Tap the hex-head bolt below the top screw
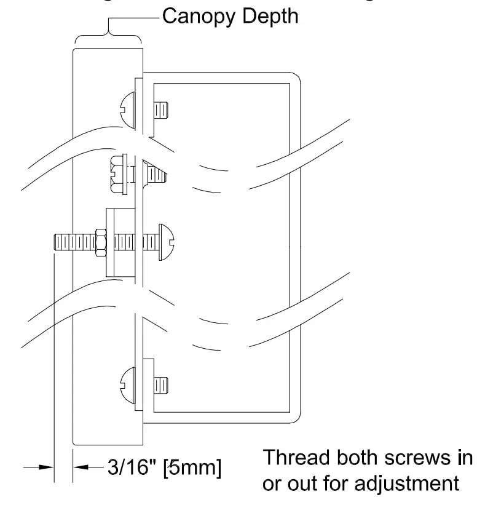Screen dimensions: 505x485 click(117, 172)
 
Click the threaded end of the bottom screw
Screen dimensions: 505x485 click(160, 384)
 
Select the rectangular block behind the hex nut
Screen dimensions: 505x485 click(113, 242)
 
